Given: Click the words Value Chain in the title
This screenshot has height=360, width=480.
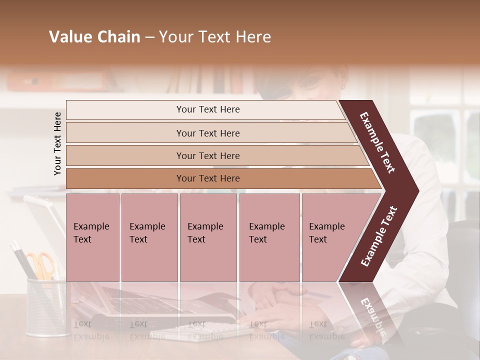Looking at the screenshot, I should pyautogui.click(x=94, y=37).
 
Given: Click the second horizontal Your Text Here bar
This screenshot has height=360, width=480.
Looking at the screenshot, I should pyautogui.click(x=208, y=133).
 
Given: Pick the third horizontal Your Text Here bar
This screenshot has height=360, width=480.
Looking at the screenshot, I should pyautogui.click(x=208, y=155).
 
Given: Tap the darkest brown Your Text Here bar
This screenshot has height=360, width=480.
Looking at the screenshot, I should pyautogui.click(x=208, y=178).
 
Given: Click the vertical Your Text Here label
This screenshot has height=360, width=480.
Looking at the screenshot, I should pyautogui.click(x=58, y=143).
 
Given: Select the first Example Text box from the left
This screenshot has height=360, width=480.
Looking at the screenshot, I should pyautogui.click(x=92, y=237).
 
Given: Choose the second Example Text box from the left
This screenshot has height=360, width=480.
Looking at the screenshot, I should pyautogui.click(x=149, y=237).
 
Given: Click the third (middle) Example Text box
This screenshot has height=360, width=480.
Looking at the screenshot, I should pyautogui.click(x=208, y=237).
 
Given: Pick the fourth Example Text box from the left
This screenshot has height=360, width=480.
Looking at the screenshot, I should pyautogui.click(x=269, y=237).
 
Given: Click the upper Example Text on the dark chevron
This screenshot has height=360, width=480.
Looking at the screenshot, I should pyautogui.click(x=378, y=142).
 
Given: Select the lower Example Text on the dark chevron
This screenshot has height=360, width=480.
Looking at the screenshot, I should pyautogui.click(x=379, y=236).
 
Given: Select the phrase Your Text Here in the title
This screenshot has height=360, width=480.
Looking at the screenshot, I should pyautogui.click(x=215, y=37).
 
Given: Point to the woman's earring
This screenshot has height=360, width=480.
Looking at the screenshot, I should pyautogui.click(x=343, y=86).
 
